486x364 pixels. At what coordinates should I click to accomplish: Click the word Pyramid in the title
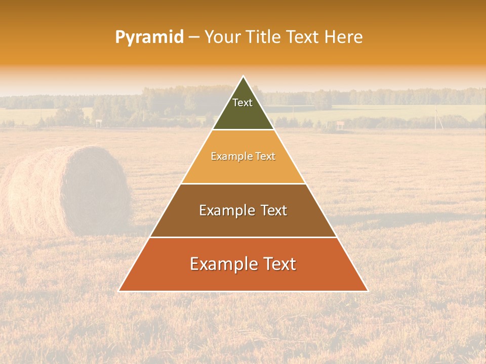149,37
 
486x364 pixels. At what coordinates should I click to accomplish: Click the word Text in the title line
303,37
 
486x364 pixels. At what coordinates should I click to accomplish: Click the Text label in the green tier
242,103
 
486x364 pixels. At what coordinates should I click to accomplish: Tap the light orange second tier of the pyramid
243,169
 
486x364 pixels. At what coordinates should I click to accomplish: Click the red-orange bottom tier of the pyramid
243,278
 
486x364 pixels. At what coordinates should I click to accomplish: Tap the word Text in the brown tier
273,210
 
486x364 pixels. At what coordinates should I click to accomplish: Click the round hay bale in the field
68,191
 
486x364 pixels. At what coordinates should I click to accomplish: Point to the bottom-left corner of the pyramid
118,291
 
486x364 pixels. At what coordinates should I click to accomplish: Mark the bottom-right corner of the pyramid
368,291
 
